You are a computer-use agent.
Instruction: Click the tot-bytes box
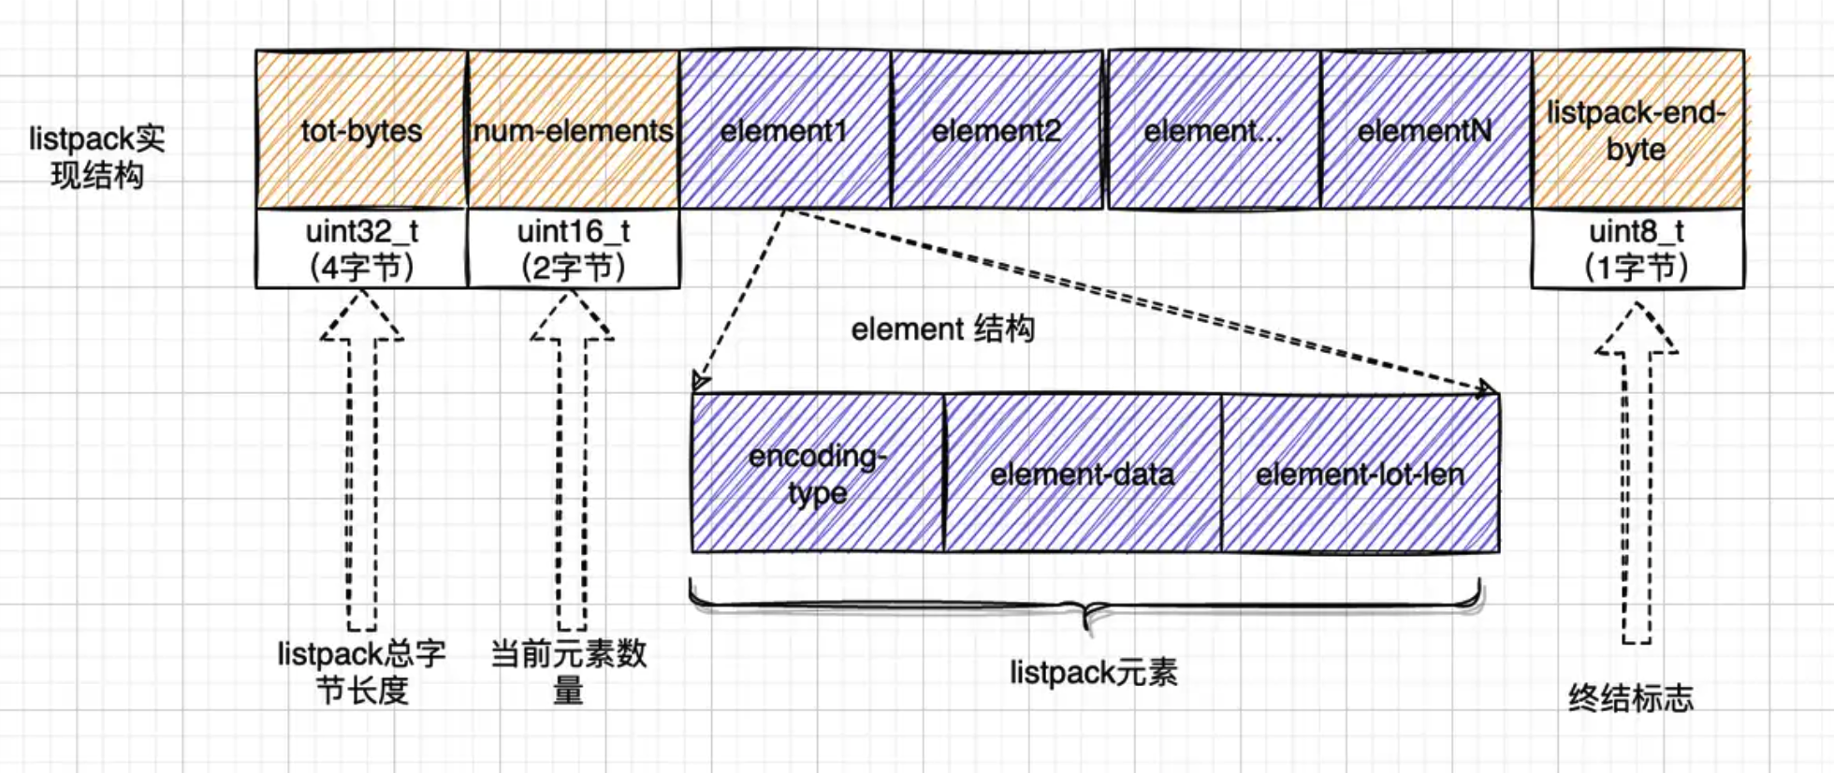[x=361, y=129]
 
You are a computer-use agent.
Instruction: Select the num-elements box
[x=573, y=129]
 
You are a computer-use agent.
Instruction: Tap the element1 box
[x=784, y=129]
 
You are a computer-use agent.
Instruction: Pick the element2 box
[x=996, y=129]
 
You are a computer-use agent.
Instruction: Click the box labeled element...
[x=1213, y=129]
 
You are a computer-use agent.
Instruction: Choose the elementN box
[x=1425, y=129]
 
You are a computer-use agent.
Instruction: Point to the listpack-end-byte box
[x=1637, y=129]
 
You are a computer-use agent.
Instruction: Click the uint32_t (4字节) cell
[x=361, y=249]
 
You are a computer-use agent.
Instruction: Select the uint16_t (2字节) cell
[x=573, y=249]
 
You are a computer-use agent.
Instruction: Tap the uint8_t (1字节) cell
[x=1637, y=249]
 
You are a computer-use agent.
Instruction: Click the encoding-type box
[x=817, y=473]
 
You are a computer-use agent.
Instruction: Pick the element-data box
[x=1082, y=473]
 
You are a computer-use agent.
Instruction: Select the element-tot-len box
[x=1360, y=473]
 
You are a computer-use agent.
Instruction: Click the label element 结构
[x=942, y=329]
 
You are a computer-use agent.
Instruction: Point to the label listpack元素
[x=1093, y=672]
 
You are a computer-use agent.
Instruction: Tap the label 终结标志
[x=1630, y=697]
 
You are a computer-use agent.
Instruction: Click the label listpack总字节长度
[x=361, y=671]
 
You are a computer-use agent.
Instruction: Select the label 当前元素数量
[x=569, y=671]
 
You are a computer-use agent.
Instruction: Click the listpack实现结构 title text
[x=96, y=156]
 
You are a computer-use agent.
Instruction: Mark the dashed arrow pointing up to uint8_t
[x=1636, y=477]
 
